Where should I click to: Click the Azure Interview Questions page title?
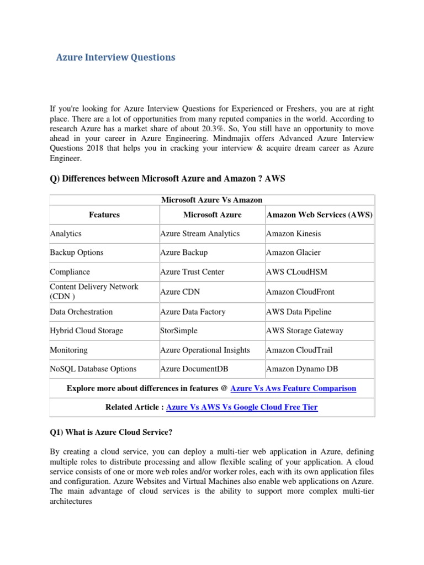[116, 57]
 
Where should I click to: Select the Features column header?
[104, 214]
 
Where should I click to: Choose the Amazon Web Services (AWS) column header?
[319, 214]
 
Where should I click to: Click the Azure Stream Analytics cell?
[200, 233]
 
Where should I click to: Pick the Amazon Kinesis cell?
[293, 233]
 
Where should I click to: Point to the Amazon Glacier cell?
[293, 252]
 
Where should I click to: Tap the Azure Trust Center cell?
[192, 272]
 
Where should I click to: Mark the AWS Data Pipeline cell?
[299, 312]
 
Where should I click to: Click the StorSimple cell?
[179, 331]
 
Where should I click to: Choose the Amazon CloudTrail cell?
[299, 350]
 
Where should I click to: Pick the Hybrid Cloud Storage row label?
[86, 331]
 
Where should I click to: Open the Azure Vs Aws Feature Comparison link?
[293, 388]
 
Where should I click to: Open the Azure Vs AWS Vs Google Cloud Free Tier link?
[242, 407]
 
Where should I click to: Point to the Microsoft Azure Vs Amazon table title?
[211, 200]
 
